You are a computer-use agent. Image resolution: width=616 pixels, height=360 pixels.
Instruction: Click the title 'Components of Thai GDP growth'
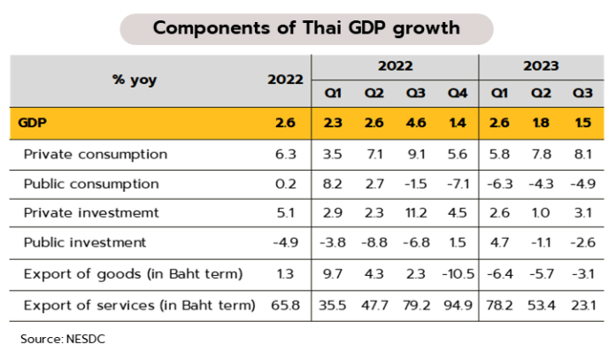307,27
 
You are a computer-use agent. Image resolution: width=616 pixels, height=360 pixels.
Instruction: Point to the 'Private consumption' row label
95,154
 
